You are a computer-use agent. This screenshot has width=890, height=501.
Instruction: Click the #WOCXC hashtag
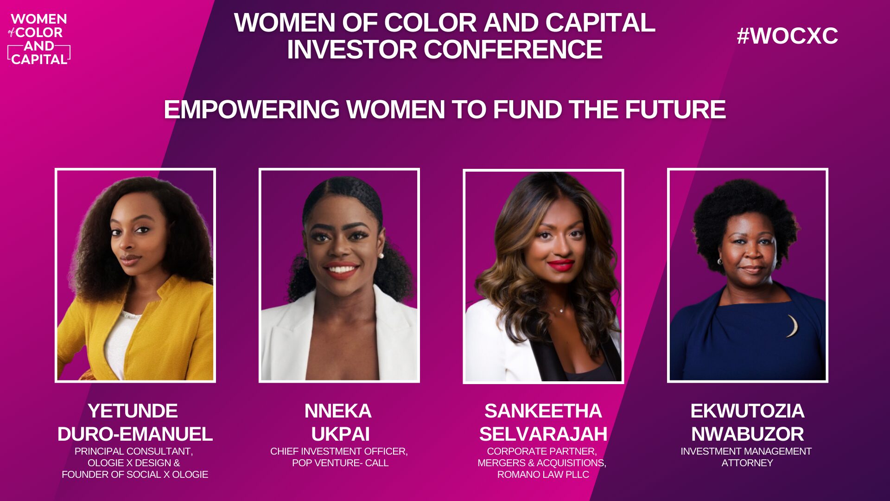pos(787,36)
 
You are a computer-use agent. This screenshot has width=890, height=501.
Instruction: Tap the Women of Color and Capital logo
pos(39,39)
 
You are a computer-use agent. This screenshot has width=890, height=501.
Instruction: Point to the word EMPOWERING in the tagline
pos(252,109)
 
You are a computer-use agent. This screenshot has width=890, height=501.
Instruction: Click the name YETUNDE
pos(133,411)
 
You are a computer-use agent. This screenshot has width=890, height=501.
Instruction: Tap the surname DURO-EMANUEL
pos(135,434)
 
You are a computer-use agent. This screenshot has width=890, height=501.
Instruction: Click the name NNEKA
pos(338,411)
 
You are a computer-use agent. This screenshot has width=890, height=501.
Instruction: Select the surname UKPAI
pos(340,434)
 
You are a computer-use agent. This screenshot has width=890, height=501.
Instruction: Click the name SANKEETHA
pos(543,411)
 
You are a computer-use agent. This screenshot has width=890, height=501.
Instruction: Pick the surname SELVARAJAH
pos(543,434)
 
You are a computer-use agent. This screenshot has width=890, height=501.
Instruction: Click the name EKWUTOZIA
pos(747,411)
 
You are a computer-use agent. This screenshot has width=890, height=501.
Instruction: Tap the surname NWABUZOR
pos(747,434)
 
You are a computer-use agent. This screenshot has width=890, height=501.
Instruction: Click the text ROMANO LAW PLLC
pos(543,474)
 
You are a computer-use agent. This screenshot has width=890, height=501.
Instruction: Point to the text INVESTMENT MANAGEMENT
pos(746,451)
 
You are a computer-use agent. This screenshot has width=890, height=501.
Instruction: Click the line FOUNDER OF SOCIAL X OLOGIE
pos(135,474)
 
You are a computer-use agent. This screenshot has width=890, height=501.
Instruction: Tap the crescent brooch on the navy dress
pos(794,326)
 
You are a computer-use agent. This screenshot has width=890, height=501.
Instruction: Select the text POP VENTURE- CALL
pos(340,462)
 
